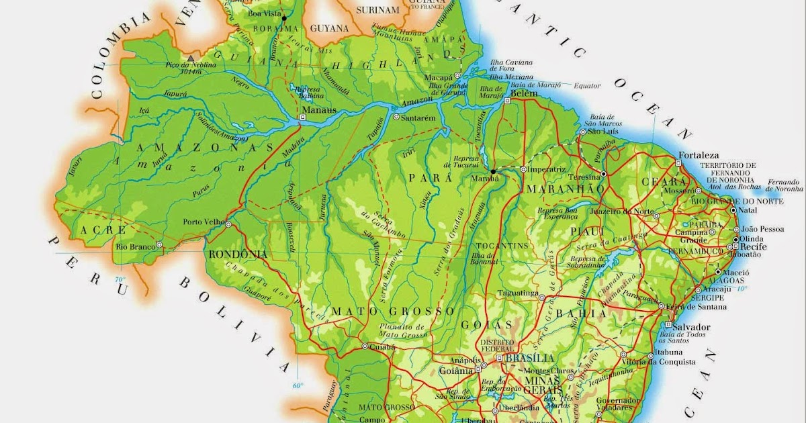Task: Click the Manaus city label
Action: coord(314,109)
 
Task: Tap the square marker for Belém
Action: coord(507,101)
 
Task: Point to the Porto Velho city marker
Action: coord(228,224)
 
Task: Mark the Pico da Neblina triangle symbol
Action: coord(191,58)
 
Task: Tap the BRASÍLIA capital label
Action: coord(530,358)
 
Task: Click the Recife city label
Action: coord(753,247)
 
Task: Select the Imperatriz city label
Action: coord(547,169)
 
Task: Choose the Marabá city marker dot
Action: coord(493,171)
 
